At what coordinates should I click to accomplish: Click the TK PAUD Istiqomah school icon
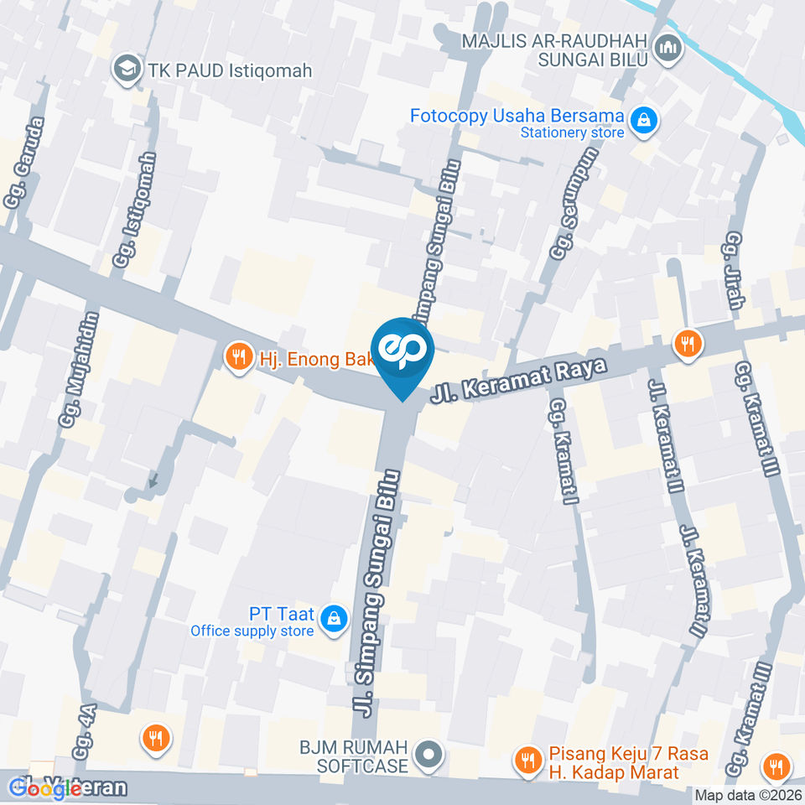(x=127, y=70)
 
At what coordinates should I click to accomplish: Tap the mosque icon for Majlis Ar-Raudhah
(x=668, y=49)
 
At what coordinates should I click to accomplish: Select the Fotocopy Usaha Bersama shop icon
(x=644, y=121)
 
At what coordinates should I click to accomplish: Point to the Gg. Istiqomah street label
(x=135, y=210)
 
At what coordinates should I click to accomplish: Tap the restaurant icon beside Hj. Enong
(x=239, y=358)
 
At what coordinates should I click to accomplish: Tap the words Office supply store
(x=252, y=631)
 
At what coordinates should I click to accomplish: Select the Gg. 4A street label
(x=86, y=732)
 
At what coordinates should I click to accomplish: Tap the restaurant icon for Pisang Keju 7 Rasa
(x=527, y=761)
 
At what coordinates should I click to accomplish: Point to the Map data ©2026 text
(x=749, y=795)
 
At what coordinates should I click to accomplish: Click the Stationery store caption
(x=572, y=132)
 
